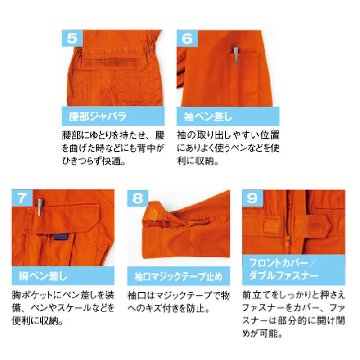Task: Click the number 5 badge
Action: coord(71,38)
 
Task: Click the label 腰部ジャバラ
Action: coord(94,117)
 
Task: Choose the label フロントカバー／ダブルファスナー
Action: coord(288,268)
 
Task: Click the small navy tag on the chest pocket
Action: coord(60,238)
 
